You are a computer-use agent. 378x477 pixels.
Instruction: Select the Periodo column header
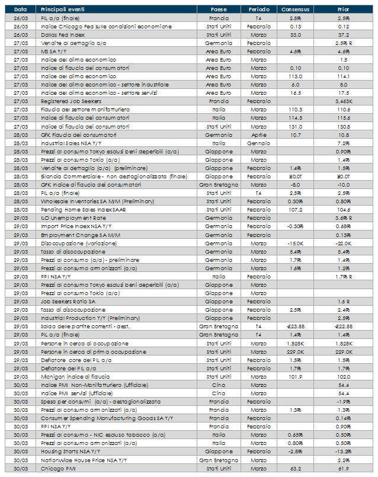point(258,10)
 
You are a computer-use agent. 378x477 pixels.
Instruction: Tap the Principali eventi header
point(62,10)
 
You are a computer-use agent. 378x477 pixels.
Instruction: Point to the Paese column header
point(219,10)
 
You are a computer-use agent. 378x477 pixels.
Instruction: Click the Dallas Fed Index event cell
point(62,35)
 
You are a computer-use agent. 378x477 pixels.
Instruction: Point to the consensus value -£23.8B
point(295,325)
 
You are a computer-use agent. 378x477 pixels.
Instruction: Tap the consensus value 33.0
point(295,35)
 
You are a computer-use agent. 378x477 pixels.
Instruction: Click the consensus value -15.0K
point(295,242)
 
